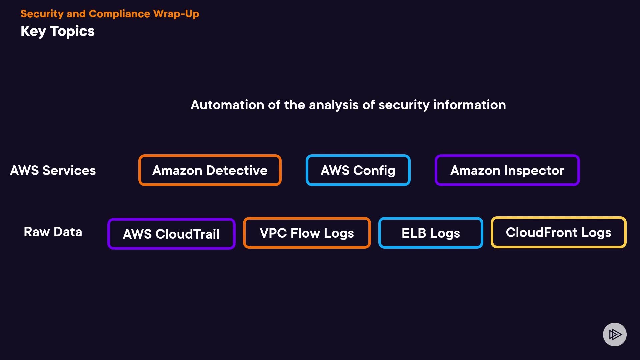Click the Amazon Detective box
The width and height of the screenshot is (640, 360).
click(210, 170)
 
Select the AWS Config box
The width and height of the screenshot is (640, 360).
click(358, 170)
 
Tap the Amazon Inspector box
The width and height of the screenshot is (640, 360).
click(507, 170)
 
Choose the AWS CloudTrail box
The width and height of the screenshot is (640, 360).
click(171, 234)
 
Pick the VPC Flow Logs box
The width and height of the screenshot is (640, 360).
click(307, 233)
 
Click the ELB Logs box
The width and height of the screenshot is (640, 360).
click(431, 233)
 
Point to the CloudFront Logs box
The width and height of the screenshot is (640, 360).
click(558, 232)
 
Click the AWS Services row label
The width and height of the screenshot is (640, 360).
click(53, 170)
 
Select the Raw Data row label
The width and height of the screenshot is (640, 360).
click(53, 232)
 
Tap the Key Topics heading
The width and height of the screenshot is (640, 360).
click(58, 31)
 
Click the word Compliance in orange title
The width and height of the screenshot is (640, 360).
click(119, 14)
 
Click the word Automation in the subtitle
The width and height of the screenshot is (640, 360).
click(227, 105)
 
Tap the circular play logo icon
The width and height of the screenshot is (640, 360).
click(615, 334)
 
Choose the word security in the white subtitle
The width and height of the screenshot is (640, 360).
click(404, 105)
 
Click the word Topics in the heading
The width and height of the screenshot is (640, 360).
click(72, 31)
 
